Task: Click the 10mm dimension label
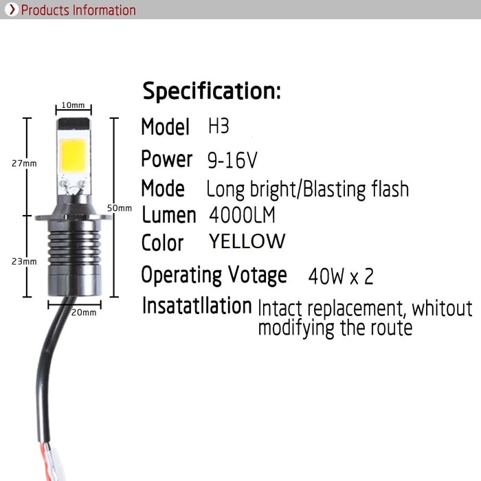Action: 72,105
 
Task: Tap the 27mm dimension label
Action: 24,164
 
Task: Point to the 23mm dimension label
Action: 24,262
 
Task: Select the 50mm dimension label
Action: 120,208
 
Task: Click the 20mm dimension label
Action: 84,312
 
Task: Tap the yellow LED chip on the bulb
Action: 73,155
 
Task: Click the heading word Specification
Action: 211,91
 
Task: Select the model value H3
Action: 219,127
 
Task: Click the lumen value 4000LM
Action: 242,215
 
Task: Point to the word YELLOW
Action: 247,242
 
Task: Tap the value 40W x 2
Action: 341,277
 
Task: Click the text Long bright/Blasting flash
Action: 307,188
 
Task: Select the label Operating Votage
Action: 214,275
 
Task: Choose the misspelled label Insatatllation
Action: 197,306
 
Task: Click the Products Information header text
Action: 78,10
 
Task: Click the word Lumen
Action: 168,215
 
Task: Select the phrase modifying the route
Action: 335,328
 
